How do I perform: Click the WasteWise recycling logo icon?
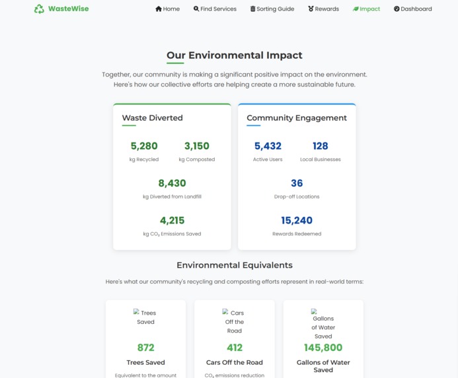[x=39, y=9]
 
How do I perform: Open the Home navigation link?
[x=167, y=9]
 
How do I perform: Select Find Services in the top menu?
[x=215, y=9]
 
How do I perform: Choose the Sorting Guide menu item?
[x=272, y=9]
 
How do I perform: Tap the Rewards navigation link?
[x=323, y=9]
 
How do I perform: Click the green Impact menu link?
[x=366, y=9]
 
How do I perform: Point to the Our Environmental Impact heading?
[x=234, y=55]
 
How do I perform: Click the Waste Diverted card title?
[x=152, y=118]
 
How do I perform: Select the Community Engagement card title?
[x=297, y=118]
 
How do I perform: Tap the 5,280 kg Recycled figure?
[x=144, y=146]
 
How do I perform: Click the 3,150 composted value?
[x=197, y=146]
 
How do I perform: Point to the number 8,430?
[x=172, y=183]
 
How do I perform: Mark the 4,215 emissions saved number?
[x=172, y=220]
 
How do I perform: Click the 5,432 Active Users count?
[x=268, y=146]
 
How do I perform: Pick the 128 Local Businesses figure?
[x=321, y=146]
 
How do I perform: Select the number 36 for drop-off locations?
[x=297, y=183]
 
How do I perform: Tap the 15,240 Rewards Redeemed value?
[x=297, y=220]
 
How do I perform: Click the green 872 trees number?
[x=145, y=348]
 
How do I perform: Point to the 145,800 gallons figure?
[x=323, y=348]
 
